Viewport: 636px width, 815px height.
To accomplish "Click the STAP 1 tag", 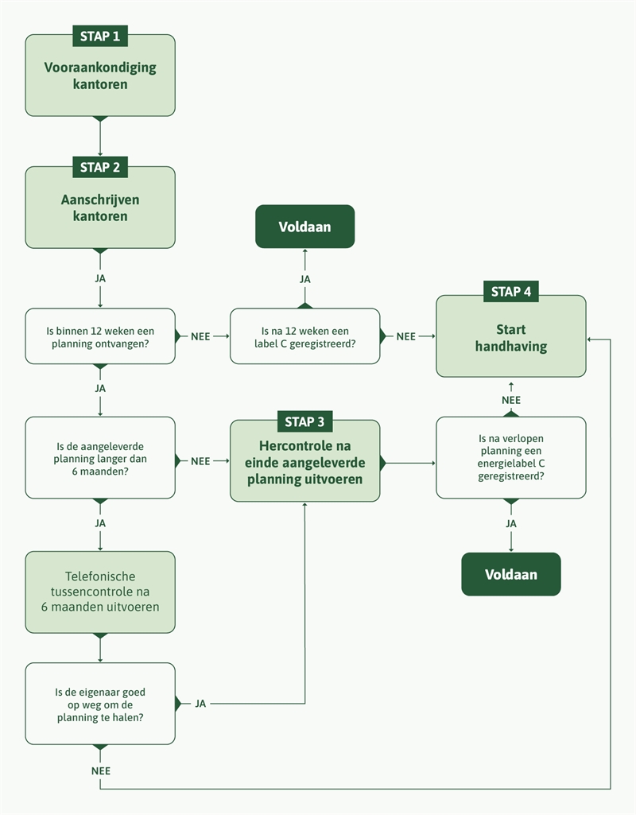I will (x=100, y=36).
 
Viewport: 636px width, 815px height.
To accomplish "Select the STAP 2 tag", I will (x=100, y=168).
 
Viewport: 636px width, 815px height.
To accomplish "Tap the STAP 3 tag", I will (x=304, y=421).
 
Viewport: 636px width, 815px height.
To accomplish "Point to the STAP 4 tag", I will (x=510, y=292).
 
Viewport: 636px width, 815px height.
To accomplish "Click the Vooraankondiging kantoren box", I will (x=100, y=76).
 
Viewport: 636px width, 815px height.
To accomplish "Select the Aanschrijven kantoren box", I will (x=100, y=208).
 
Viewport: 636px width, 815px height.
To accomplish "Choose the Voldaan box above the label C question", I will (x=304, y=227).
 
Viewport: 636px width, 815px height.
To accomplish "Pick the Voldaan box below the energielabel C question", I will (x=510, y=574).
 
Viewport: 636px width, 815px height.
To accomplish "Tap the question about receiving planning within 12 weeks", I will (x=100, y=336).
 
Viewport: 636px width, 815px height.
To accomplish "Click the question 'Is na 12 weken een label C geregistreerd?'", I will (x=304, y=336).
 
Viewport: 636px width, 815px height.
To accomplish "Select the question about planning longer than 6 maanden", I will (x=100, y=459).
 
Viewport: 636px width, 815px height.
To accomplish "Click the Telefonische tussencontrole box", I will (x=100, y=592).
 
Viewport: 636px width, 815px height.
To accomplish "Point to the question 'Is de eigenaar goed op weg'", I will (x=100, y=704).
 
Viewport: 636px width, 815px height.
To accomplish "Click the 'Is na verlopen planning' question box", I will (x=510, y=459).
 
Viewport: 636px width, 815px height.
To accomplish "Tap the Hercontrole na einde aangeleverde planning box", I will (x=304, y=464).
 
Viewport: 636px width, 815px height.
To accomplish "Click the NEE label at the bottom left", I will (x=100, y=770).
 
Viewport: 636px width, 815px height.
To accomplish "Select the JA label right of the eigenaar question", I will (x=200, y=704).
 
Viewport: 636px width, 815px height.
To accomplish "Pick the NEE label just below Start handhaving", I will (x=510, y=400).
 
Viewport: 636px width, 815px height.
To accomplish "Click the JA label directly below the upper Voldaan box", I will (x=304, y=279).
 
